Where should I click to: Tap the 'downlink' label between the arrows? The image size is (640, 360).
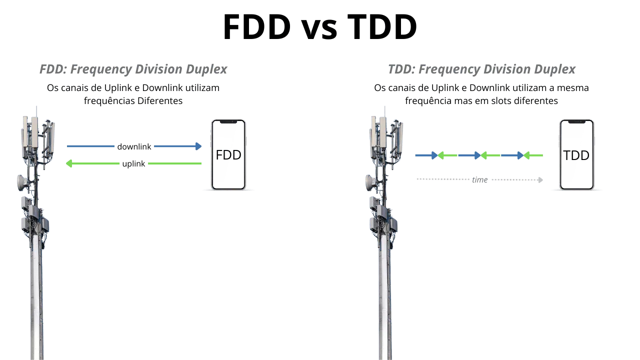pos(134,146)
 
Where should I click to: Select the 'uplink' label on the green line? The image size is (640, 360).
pos(133,163)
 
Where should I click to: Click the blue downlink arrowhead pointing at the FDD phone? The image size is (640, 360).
pos(198,146)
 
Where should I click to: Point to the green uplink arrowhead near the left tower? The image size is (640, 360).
pos(69,163)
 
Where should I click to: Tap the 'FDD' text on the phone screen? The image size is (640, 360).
pos(228,155)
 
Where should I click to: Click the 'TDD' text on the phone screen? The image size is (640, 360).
pos(576,155)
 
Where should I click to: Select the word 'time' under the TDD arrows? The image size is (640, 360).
pos(479,179)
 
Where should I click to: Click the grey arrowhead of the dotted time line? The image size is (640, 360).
pos(540,179)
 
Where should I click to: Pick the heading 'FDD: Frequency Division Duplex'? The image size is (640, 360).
pos(133,69)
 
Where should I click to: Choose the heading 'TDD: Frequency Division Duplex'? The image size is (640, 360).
pos(481,69)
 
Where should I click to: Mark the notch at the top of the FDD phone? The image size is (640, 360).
pos(228,121)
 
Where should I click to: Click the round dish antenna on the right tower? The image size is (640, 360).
pos(370,182)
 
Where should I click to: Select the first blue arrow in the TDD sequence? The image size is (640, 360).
pos(426,155)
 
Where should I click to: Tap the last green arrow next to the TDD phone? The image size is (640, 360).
pos(533,155)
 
